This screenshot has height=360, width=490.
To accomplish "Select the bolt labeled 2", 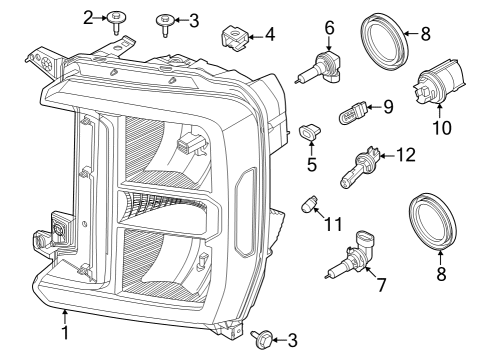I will pyautogui.click(x=118, y=19).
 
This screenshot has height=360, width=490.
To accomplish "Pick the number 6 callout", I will pyautogui.click(x=328, y=28).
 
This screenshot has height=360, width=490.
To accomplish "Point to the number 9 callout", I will pyautogui.click(x=388, y=105).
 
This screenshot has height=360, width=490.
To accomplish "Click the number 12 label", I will pyautogui.click(x=404, y=155).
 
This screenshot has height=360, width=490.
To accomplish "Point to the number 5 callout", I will pyautogui.click(x=312, y=164).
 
